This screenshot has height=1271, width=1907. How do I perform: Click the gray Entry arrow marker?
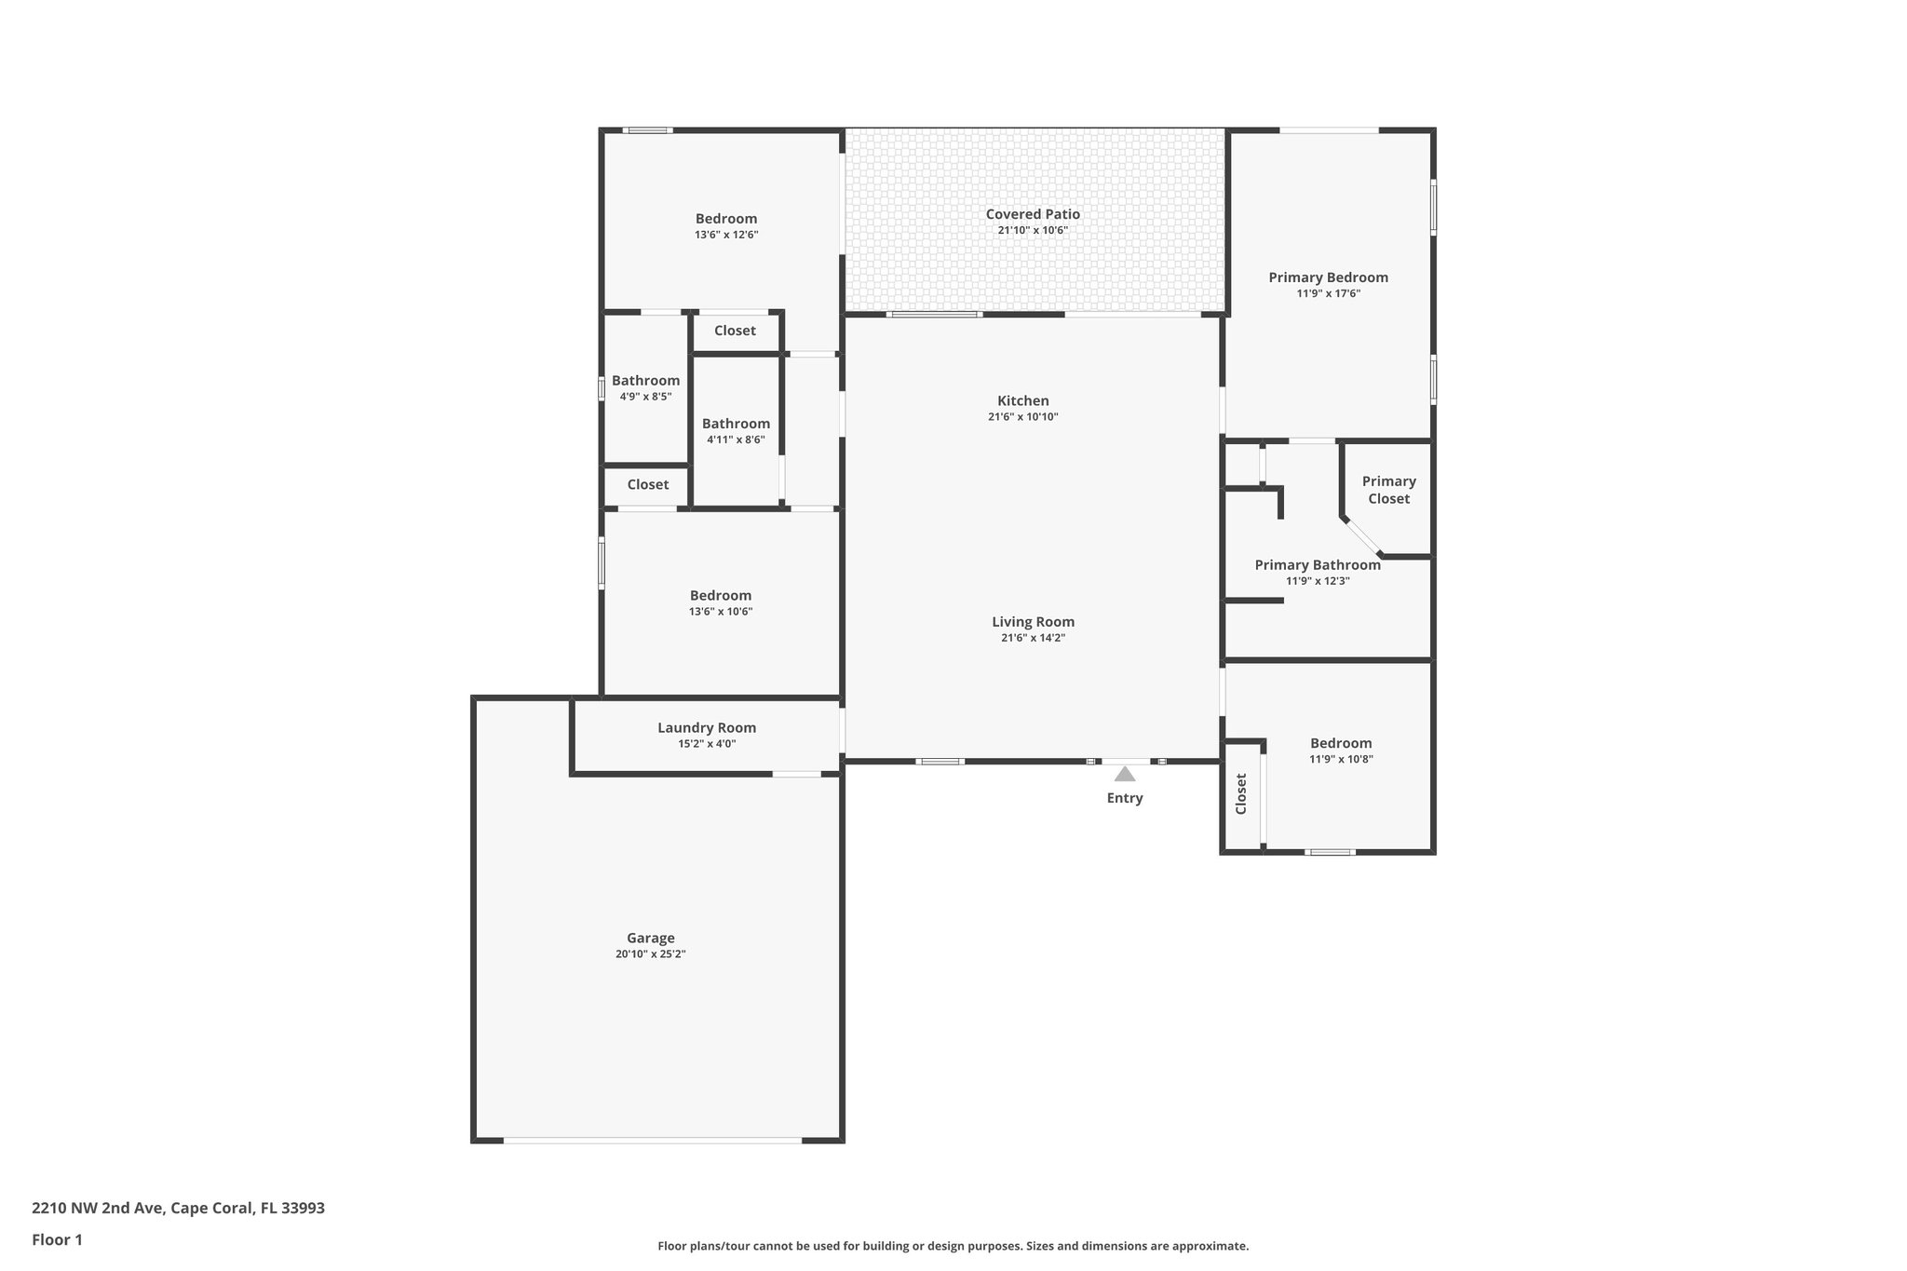tap(1125, 774)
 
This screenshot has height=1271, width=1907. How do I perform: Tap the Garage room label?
tap(650, 938)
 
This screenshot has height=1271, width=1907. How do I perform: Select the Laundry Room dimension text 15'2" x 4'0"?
tap(707, 744)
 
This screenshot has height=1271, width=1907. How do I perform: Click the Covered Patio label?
tap(1033, 214)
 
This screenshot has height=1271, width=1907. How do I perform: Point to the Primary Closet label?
tap(1388, 490)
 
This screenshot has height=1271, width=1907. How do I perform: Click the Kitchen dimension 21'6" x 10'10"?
tap(1022, 417)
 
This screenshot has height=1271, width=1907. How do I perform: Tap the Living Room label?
tap(1033, 622)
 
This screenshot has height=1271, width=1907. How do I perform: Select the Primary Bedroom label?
tap(1328, 277)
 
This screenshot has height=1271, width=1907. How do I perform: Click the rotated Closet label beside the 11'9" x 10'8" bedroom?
tap(1241, 794)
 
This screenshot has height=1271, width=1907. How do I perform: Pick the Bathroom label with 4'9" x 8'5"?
tap(645, 381)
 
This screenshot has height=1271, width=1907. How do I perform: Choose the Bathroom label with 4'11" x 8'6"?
tap(736, 424)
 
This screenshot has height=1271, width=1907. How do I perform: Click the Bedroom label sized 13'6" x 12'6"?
tap(726, 219)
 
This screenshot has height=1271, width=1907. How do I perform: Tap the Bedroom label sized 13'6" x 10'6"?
tap(720, 596)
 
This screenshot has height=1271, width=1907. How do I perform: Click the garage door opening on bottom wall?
tap(652, 1140)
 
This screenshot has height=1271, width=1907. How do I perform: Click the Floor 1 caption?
tap(57, 1240)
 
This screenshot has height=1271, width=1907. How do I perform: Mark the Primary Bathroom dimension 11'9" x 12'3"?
tap(1318, 581)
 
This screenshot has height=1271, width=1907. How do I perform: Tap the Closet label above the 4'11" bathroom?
tap(735, 331)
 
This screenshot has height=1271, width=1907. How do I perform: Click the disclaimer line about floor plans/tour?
tap(953, 1246)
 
